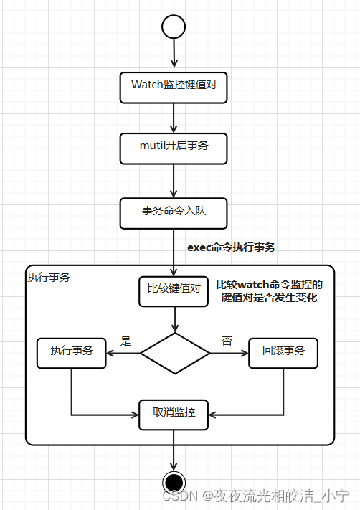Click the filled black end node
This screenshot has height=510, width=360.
click(x=174, y=482)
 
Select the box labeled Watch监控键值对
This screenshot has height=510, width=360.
click(x=174, y=88)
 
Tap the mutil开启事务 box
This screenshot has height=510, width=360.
click(x=174, y=148)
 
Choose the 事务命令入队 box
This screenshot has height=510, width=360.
click(x=174, y=213)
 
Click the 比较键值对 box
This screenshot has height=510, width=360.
click(x=174, y=292)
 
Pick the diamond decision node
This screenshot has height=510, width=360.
click(x=175, y=353)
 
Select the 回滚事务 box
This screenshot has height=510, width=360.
click(x=283, y=353)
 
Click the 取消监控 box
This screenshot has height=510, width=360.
click(x=174, y=415)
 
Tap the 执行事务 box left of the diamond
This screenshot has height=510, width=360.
click(x=72, y=353)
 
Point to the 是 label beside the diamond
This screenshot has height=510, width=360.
click(x=125, y=341)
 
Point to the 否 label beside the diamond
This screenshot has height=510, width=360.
click(x=227, y=341)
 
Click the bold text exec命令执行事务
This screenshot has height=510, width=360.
click(x=231, y=247)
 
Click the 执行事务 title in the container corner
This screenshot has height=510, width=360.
click(x=49, y=278)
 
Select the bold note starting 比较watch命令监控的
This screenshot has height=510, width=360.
click(x=269, y=291)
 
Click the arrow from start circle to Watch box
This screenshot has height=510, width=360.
click(x=174, y=53)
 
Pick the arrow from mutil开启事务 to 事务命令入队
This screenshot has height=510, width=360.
click(x=174, y=181)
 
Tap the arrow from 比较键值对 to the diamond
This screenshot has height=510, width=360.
click(x=175, y=319)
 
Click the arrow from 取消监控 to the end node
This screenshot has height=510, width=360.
click(x=174, y=450)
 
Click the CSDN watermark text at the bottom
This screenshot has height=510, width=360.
click(x=255, y=496)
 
